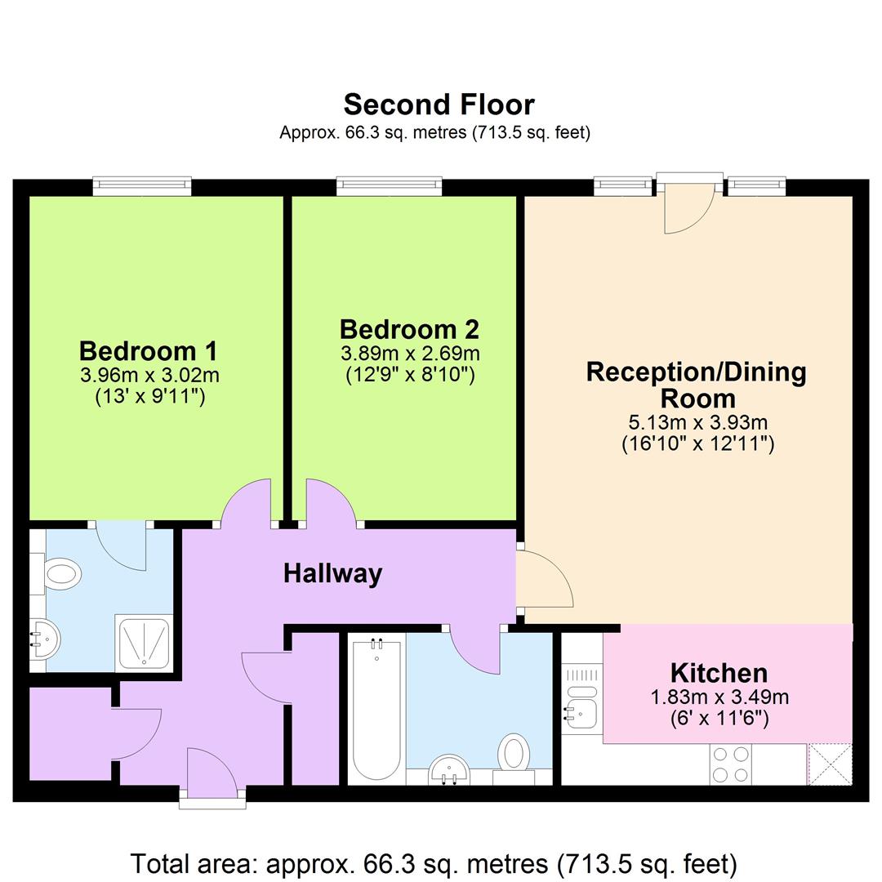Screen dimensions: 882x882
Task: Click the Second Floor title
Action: (x=439, y=105)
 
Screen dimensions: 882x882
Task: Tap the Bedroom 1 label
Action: (x=148, y=351)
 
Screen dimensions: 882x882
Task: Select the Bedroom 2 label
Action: (x=409, y=330)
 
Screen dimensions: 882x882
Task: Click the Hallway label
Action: (x=332, y=573)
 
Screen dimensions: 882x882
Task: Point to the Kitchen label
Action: (x=719, y=673)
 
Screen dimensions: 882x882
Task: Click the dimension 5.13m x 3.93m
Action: (x=697, y=423)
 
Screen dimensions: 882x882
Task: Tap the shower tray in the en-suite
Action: (x=142, y=643)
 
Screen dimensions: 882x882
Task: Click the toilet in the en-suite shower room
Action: (x=61, y=572)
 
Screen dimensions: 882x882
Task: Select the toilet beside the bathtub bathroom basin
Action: (x=514, y=752)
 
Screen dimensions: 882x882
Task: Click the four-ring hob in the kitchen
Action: (x=731, y=765)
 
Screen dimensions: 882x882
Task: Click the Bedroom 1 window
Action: (x=142, y=186)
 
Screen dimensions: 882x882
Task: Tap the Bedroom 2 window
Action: (x=390, y=186)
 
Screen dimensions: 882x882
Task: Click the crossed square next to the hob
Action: (x=830, y=764)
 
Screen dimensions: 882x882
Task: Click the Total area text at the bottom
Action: (x=434, y=863)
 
